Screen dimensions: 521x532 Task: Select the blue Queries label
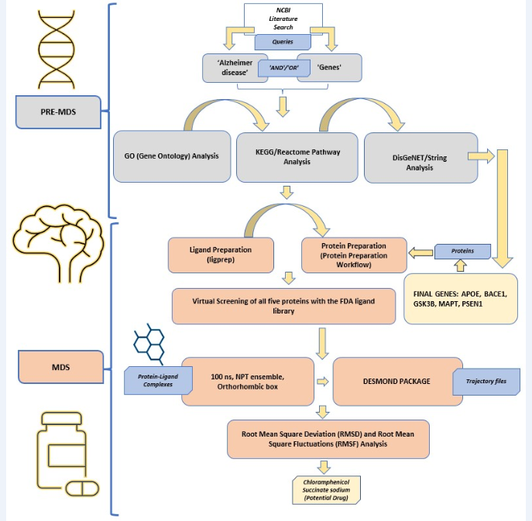[x=283, y=42]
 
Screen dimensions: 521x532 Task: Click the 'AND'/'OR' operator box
[x=284, y=67]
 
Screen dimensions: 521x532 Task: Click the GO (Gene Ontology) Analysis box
[x=171, y=156]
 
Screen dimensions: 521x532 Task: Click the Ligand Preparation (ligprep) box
[x=221, y=255]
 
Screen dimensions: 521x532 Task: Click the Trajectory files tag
[x=491, y=381]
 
